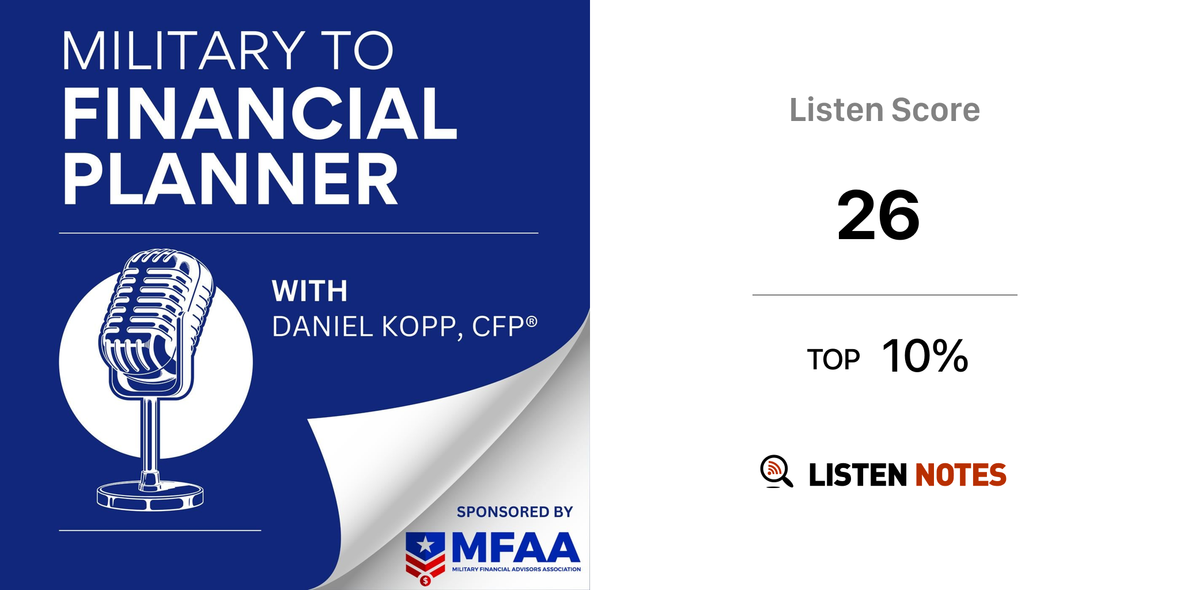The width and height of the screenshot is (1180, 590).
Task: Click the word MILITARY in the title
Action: [x=184, y=51]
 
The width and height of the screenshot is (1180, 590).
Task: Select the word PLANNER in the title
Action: [x=230, y=179]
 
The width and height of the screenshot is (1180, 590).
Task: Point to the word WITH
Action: [x=310, y=291]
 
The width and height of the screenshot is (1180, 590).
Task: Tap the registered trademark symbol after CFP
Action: [x=532, y=321]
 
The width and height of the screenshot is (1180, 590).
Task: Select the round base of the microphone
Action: [x=150, y=496]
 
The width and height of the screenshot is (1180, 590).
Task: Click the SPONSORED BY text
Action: [x=515, y=512]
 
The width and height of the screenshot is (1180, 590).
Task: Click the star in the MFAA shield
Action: [x=426, y=544]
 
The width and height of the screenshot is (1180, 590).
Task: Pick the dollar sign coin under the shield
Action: [x=425, y=580]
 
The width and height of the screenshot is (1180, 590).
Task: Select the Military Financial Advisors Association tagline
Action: [x=516, y=569]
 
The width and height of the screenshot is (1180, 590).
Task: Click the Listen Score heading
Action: [x=884, y=109]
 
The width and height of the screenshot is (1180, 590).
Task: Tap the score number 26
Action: [x=879, y=215]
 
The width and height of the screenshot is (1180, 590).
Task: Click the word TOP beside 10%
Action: [x=833, y=360]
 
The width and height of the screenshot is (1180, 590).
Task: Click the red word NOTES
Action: [x=961, y=475]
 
